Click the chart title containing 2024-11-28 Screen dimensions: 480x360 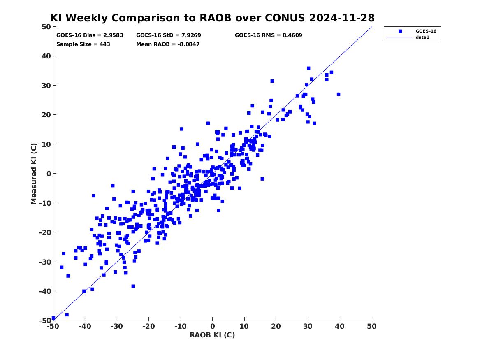coord(212,18)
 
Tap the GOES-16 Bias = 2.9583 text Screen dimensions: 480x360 coord(90,35)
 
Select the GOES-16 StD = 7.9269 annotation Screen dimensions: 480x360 coord(168,35)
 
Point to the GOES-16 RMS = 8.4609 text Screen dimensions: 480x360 coord(269,35)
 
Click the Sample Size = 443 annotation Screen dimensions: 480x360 coord(83,44)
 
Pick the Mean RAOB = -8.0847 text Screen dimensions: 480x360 coord(168,44)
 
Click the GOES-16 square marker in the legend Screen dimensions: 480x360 coord(400,31)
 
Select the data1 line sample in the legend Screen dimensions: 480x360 coord(400,37)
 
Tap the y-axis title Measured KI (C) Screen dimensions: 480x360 coord(34,174)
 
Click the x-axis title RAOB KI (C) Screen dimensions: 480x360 coord(212,335)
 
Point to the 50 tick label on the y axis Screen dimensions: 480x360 coord(46,27)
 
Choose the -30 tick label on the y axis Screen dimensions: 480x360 coord(45,262)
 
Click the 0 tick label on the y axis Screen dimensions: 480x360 coord(49,174)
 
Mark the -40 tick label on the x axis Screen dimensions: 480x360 coord(85,326)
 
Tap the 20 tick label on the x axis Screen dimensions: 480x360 coord(276,326)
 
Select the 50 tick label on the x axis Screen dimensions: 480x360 coord(372,326)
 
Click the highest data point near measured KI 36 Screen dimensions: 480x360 coord(308,68)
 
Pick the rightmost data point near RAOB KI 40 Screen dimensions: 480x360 coord(338,94)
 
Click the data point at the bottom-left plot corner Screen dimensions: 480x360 coord(53,318)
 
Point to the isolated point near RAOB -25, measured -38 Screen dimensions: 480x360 coord(133,286)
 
